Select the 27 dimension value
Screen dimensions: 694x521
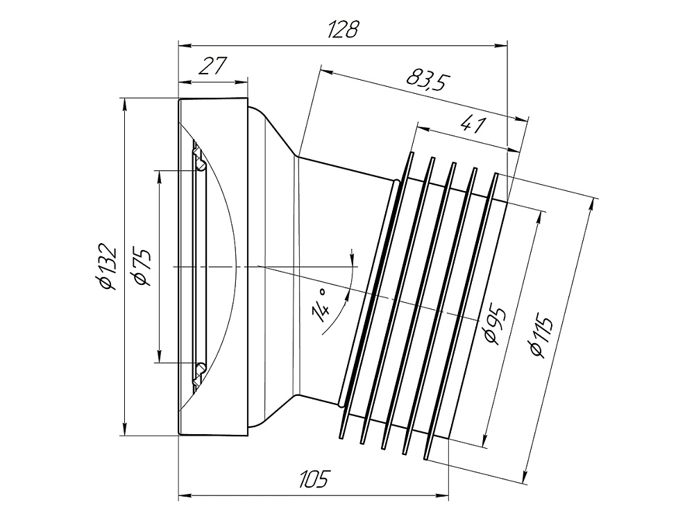tap(212, 66)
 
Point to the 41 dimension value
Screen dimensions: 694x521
tap(473, 125)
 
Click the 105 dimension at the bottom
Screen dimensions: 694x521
tap(314, 479)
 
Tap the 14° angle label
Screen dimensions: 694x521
tap(322, 306)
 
